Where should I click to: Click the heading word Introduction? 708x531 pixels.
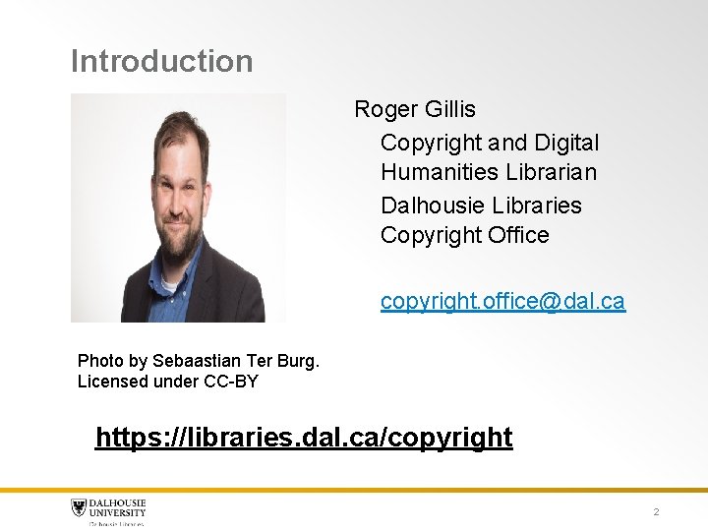161,61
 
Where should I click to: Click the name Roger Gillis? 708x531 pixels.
414,109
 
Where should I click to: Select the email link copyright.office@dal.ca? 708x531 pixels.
502,301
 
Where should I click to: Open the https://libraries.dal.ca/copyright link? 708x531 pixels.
304,437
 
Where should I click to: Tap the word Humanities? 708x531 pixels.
440,172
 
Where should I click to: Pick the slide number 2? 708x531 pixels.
656,512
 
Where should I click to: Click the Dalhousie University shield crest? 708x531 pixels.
79,508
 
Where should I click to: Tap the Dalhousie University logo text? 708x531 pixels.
118,507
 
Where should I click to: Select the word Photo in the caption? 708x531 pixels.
100,361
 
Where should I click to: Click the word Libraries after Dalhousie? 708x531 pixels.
537,206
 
